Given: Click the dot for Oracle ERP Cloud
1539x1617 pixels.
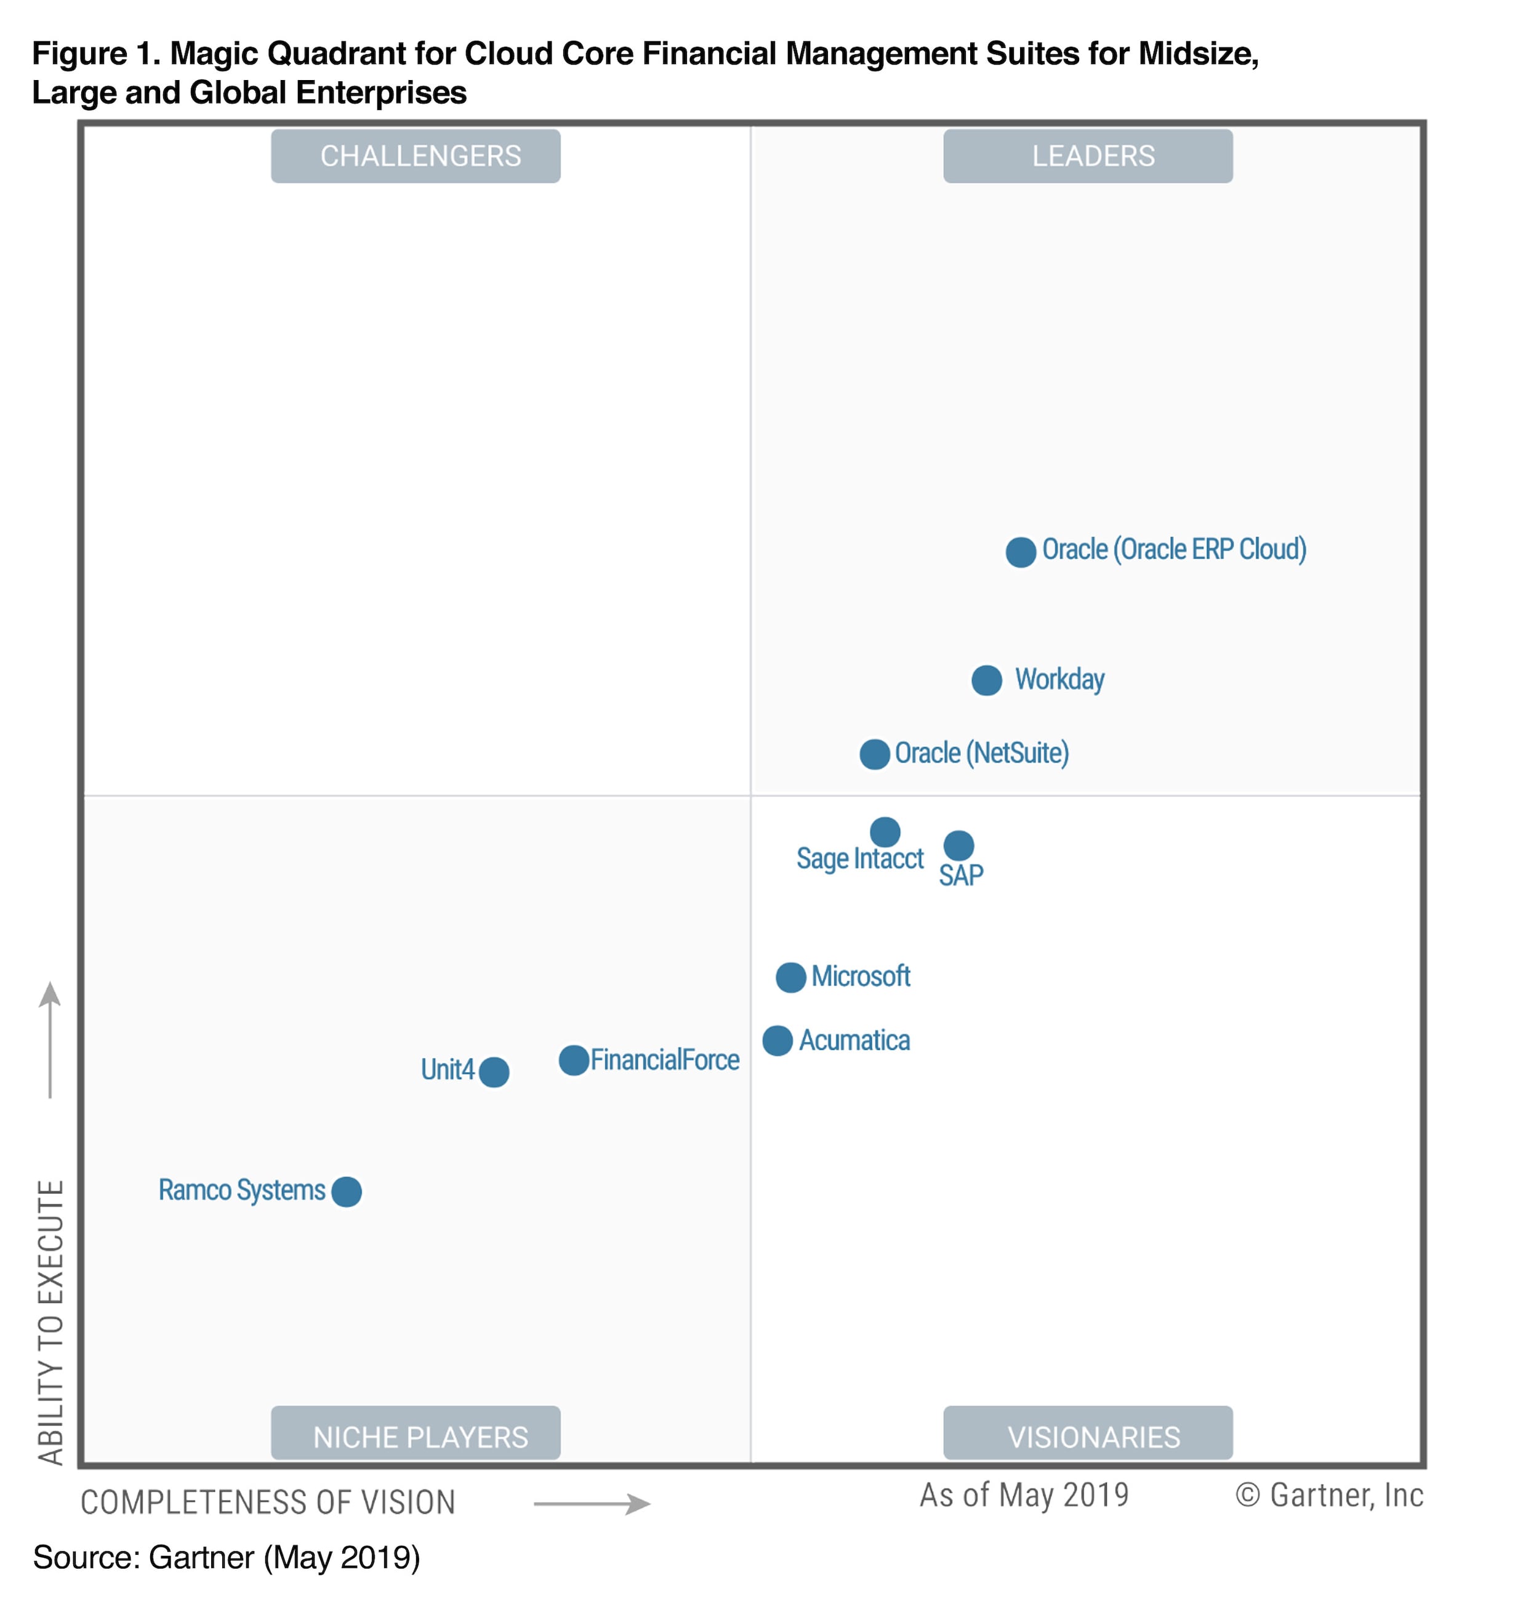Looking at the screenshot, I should pos(1021,552).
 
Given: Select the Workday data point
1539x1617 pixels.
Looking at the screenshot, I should pos(986,680).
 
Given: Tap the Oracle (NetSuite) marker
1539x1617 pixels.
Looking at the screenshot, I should pos(875,754).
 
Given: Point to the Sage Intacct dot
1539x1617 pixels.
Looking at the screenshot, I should pos(885,832).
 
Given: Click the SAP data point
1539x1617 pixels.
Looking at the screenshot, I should pos(958,845).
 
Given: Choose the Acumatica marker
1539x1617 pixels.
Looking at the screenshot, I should pos(777,1040).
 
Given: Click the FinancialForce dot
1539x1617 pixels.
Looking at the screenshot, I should pos(574,1060).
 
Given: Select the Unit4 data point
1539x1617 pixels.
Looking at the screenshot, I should pos(494,1071).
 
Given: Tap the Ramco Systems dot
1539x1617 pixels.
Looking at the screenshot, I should pos(346,1192).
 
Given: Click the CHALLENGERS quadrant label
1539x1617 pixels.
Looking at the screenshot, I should pos(416,156).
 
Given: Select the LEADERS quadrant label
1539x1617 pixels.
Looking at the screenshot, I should pos(1088,156).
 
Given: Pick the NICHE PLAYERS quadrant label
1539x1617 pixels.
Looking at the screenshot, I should pos(416,1437).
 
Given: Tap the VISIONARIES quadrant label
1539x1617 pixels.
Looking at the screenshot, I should pos(1088,1437).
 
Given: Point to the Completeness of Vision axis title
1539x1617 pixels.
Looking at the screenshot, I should pos(267,1502).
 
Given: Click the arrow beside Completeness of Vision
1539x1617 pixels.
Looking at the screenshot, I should pos(592,1504).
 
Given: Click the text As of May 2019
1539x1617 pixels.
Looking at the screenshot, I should pos(1024,1494).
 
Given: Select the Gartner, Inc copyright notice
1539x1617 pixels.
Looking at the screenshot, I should pos(1329,1494).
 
